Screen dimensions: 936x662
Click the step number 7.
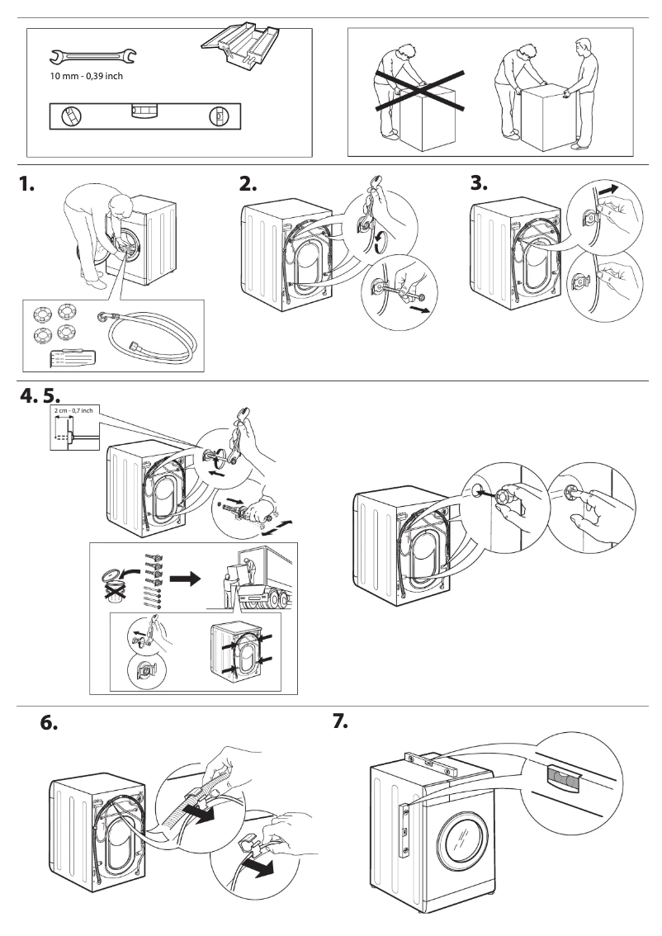pyautogui.click(x=340, y=721)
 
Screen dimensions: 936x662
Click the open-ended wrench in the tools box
pyautogui.click(x=93, y=57)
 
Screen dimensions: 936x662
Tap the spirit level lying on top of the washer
pyautogui.click(x=430, y=759)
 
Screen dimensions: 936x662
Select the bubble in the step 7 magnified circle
pyautogui.click(x=563, y=776)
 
